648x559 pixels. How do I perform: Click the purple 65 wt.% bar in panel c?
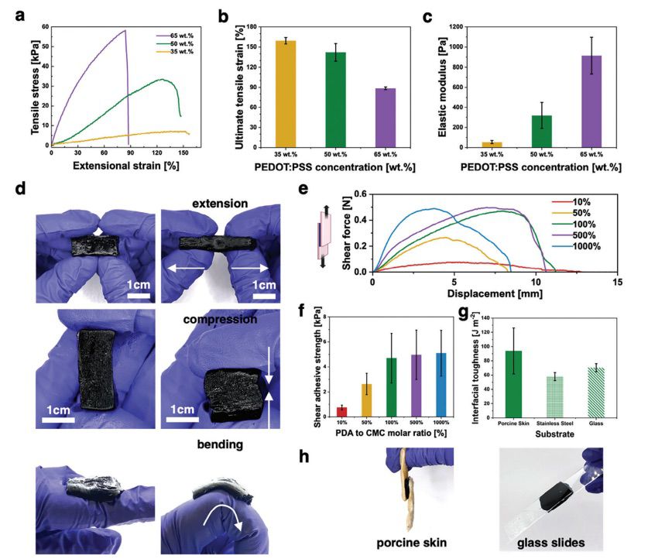click(591, 101)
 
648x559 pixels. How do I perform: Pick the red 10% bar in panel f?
click(341, 410)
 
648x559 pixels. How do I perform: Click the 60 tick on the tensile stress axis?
click(45, 27)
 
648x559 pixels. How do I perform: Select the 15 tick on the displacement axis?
click(616, 283)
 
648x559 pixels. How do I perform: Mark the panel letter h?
click(306, 456)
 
